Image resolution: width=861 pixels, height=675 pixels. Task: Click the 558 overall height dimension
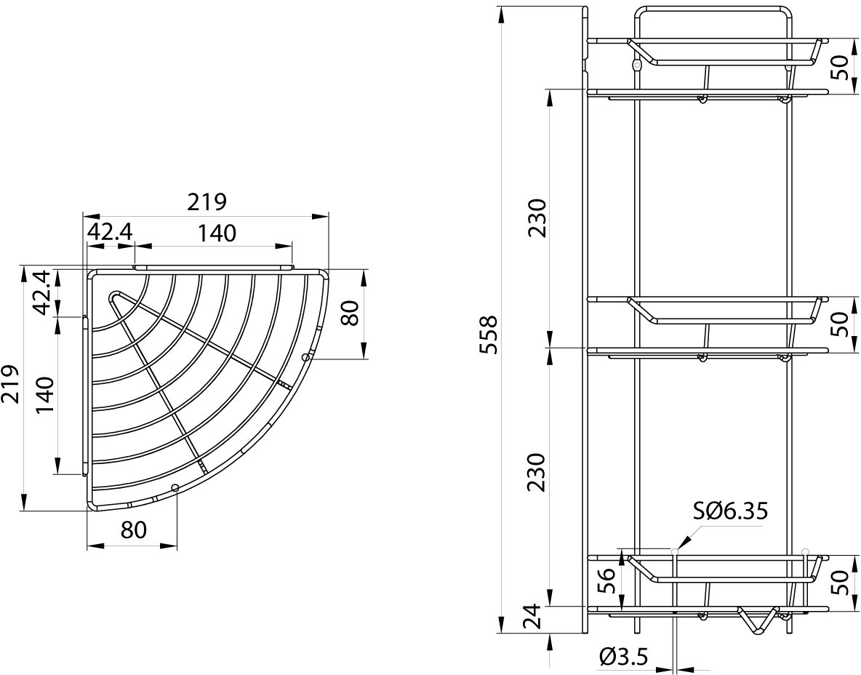488,334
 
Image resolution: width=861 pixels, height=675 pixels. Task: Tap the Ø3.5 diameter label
624,656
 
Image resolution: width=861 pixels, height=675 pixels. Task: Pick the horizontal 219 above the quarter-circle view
207,202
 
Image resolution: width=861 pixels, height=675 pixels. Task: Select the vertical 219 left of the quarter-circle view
10,383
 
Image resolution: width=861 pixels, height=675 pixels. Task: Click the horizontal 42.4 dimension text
111,233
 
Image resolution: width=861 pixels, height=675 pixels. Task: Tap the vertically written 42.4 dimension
44,292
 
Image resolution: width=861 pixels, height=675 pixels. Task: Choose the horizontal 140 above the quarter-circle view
217,233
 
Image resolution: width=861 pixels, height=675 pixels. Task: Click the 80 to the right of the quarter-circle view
351,313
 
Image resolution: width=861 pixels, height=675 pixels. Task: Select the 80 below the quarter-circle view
133,530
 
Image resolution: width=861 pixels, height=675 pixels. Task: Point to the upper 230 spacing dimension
537,217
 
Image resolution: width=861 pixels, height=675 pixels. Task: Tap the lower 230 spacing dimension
537,472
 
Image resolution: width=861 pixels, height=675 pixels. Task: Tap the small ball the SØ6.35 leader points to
674,551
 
